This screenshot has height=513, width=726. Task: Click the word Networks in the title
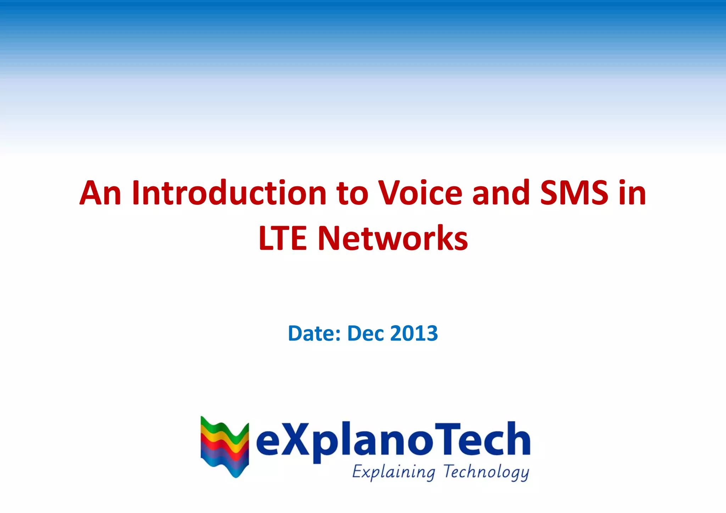pyautogui.click(x=393, y=238)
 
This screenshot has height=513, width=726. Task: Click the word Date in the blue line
pyautogui.click(x=314, y=333)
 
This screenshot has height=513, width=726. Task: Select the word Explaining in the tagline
pyautogui.click(x=393, y=472)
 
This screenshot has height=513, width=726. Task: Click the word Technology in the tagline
pyautogui.click(x=486, y=472)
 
